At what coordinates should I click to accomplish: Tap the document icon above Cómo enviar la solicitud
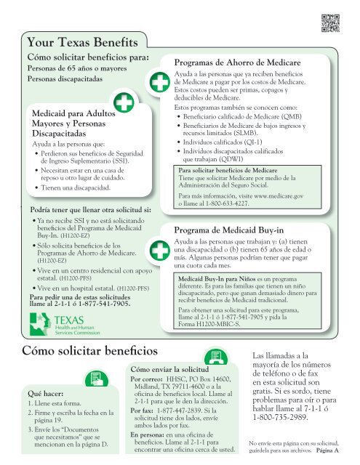(213, 357)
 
